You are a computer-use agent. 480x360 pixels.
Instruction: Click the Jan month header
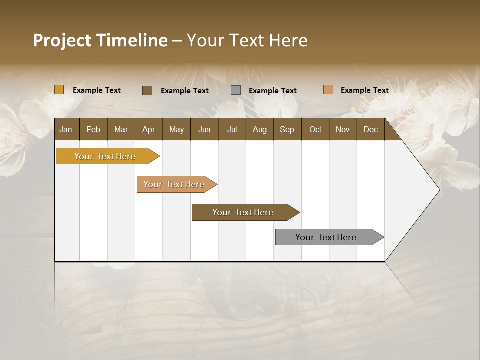pyautogui.click(x=66, y=129)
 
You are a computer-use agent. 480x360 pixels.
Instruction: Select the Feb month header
pyautogui.click(x=93, y=129)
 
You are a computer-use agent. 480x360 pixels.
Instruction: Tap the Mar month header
pyautogui.click(x=121, y=129)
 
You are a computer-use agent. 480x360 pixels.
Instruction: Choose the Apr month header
pyautogui.click(x=148, y=129)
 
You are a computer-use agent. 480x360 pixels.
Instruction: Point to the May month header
pyautogui.click(x=176, y=129)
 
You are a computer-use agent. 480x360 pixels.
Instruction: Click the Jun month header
pyautogui.click(x=204, y=129)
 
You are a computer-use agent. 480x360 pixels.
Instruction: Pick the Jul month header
pyautogui.click(x=232, y=129)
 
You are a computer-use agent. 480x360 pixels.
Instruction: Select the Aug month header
pyautogui.click(x=259, y=129)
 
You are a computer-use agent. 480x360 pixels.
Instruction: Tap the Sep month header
pyautogui.click(x=287, y=129)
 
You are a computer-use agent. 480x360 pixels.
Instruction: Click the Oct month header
pyautogui.click(x=315, y=129)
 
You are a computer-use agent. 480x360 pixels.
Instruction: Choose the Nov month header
pyautogui.click(x=343, y=129)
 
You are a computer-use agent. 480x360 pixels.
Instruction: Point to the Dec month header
pyautogui.click(x=370, y=129)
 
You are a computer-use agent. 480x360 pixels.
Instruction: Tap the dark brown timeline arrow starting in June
pyautogui.click(x=243, y=212)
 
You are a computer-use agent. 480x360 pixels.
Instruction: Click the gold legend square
pyautogui.click(x=59, y=90)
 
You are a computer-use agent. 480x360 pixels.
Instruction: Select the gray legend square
pyautogui.click(x=236, y=90)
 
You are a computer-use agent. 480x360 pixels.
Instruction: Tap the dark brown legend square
pyautogui.click(x=147, y=90)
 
